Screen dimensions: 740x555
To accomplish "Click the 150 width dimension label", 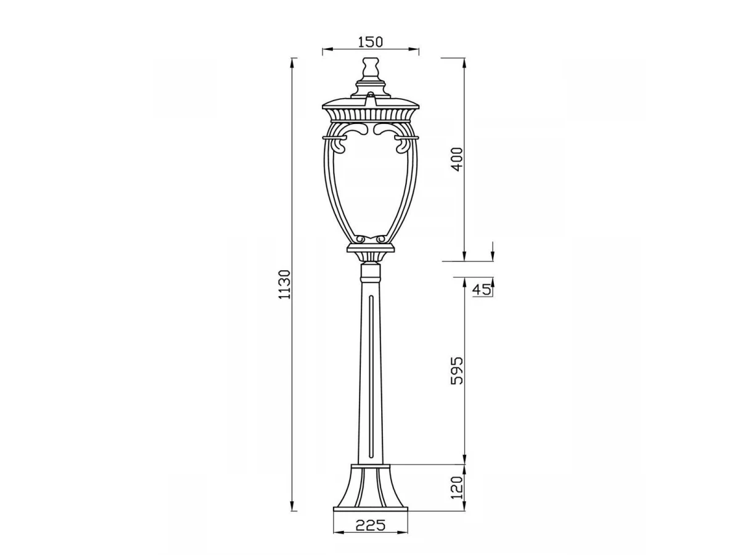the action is (370, 42).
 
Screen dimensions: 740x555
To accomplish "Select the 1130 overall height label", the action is (285, 284).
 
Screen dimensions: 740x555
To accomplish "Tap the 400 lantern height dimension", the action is (457, 159).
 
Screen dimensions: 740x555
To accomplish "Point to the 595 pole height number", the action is (457, 371).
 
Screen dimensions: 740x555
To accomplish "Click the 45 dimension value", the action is (482, 289).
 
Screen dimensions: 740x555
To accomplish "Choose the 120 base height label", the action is (457, 488).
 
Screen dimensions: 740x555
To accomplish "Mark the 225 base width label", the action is (370, 525).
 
